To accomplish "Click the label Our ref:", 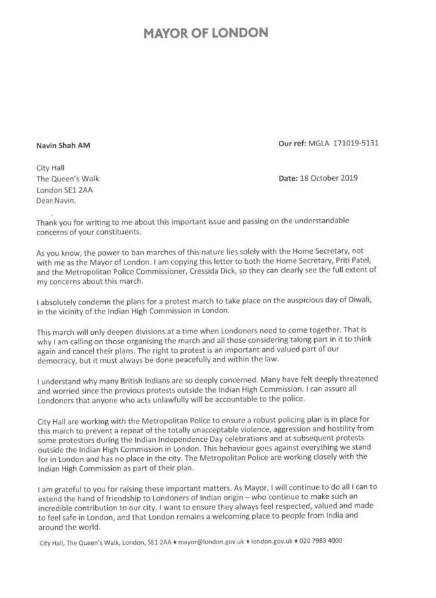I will click(291, 142).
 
